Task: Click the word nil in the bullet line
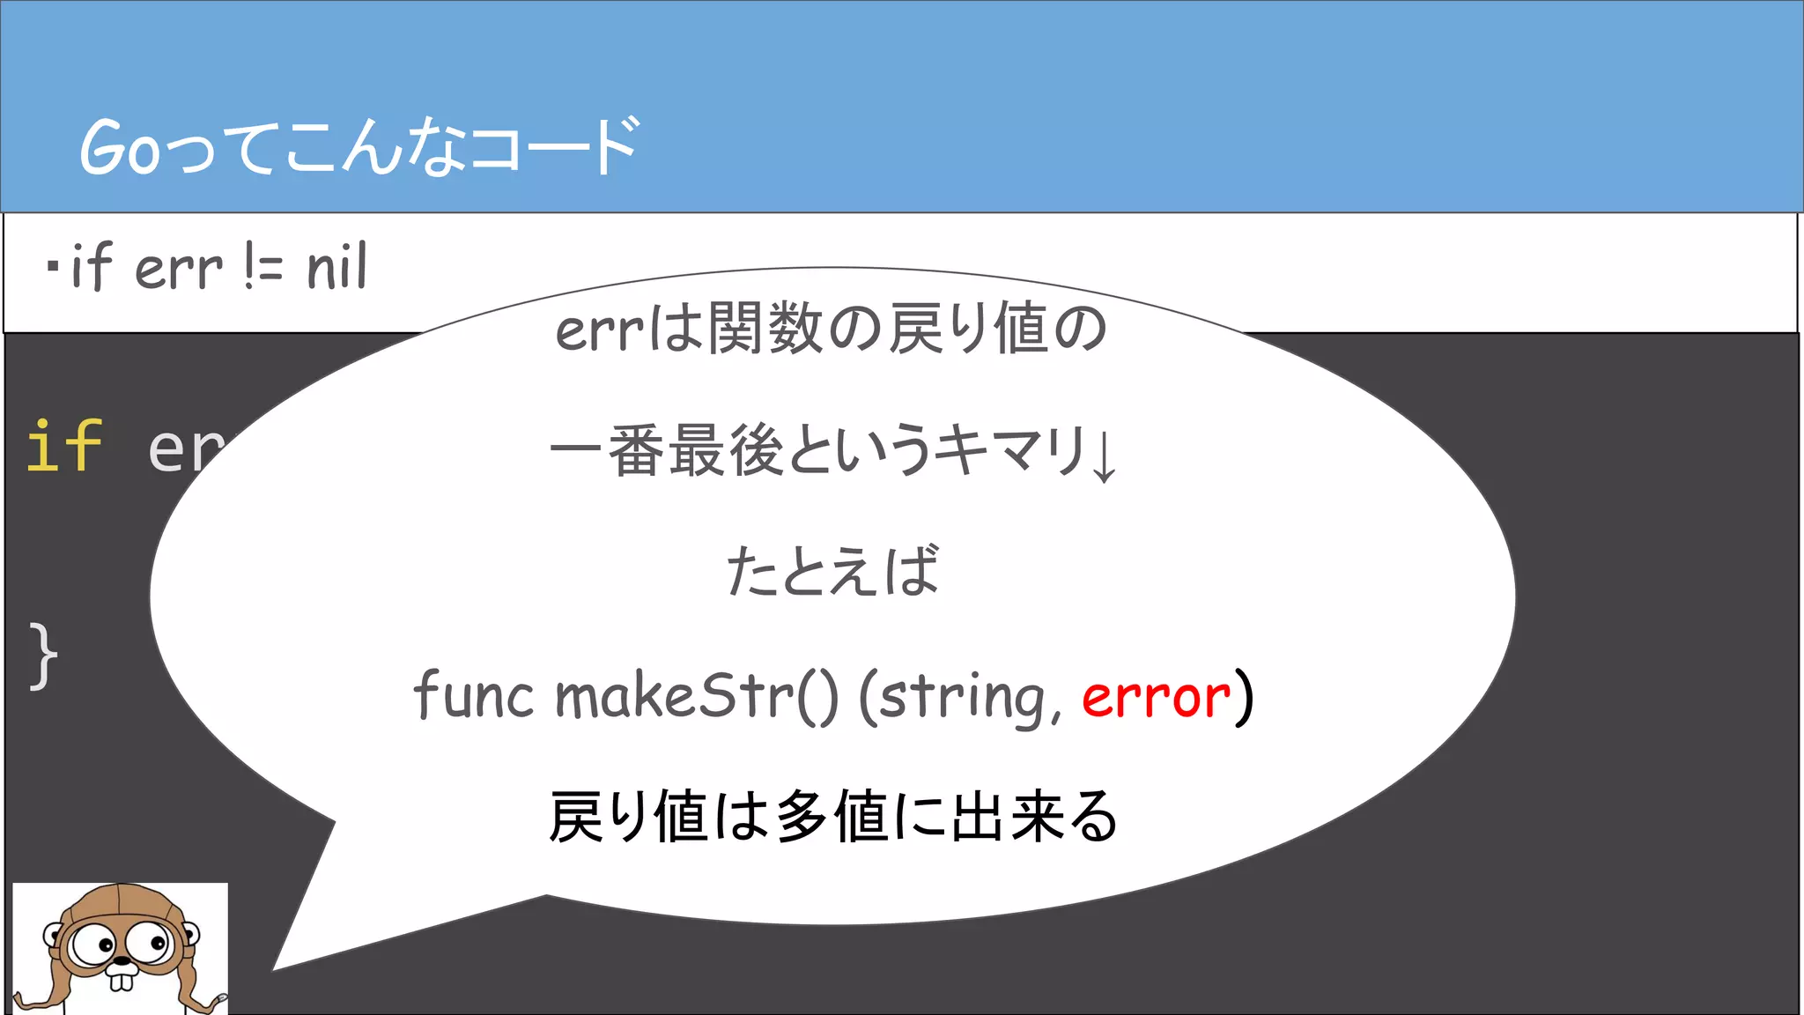click(336, 268)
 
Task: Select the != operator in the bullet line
click(262, 268)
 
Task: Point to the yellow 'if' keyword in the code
click(64, 447)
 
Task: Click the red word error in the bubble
click(1155, 698)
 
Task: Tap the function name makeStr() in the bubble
click(697, 696)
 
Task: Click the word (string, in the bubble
click(960, 698)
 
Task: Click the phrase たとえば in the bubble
click(832, 571)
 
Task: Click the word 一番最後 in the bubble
click(666, 450)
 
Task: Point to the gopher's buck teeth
click(121, 979)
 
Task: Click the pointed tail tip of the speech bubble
click(277, 967)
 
